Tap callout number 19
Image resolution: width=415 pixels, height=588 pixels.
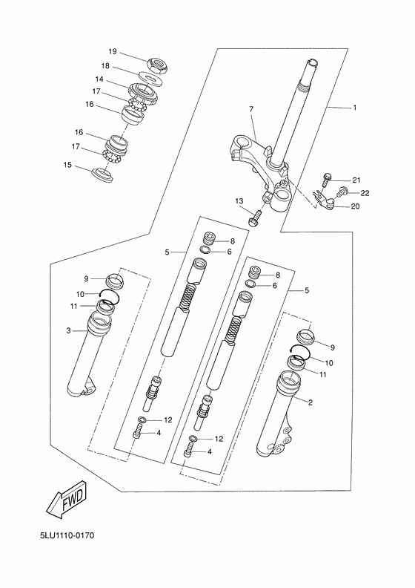pyautogui.click(x=113, y=52)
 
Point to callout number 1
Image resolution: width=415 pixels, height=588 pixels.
pyautogui.click(x=354, y=108)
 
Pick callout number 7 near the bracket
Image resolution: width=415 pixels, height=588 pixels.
pyautogui.click(x=251, y=110)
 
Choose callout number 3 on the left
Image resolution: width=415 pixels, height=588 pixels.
pyautogui.click(x=68, y=331)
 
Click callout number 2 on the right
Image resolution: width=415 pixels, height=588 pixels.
pyautogui.click(x=310, y=402)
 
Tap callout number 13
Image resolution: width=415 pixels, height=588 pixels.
pyautogui.click(x=239, y=201)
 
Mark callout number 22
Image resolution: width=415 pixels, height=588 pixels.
pyautogui.click(x=365, y=193)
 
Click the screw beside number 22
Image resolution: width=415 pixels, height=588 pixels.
pyautogui.click(x=342, y=192)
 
